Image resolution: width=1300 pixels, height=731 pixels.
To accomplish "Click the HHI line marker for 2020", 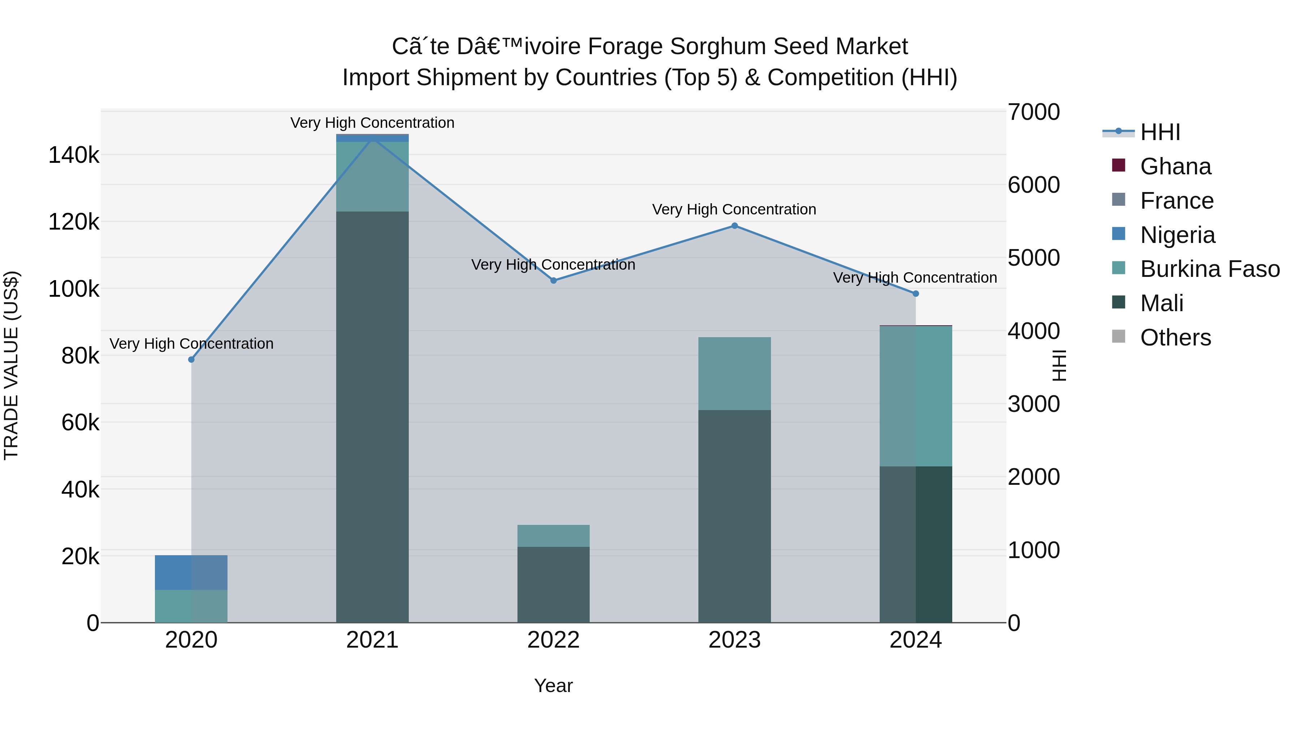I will (191, 360).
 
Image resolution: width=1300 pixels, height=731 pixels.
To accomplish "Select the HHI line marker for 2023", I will (734, 226).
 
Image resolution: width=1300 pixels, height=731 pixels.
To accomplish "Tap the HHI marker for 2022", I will (554, 280).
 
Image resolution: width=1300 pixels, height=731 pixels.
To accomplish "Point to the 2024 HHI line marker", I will (915, 293).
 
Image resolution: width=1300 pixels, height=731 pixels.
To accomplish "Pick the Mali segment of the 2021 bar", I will (372, 417).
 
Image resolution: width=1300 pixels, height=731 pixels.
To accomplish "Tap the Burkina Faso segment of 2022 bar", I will (553, 536).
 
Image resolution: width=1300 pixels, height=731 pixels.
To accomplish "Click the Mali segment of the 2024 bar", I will (915, 544).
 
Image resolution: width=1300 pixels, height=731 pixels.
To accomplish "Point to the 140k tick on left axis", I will (74, 155).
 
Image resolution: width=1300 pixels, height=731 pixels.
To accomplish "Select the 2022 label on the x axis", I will (553, 640).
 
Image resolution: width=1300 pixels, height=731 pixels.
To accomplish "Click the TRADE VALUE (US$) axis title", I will (11, 366).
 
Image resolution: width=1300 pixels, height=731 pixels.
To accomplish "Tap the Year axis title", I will (553, 686).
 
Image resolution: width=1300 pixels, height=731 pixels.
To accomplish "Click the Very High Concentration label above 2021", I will (372, 123).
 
